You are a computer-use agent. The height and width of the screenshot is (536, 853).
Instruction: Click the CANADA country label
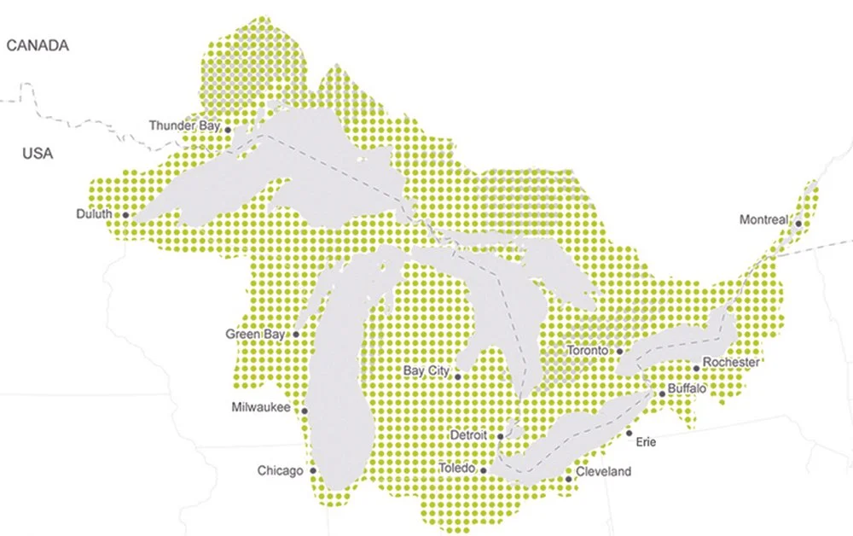tap(38, 46)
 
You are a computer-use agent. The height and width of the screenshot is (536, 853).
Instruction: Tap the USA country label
tap(38, 154)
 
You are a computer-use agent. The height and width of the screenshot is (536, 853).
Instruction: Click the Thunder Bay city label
tap(184, 125)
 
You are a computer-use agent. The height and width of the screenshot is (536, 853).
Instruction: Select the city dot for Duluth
tap(125, 215)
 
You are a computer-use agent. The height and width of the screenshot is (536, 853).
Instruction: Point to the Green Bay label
tap(254, 335)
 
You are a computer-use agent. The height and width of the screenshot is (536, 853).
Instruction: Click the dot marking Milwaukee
tap(305, 411)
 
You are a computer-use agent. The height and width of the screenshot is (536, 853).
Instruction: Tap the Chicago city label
tap(280, 471)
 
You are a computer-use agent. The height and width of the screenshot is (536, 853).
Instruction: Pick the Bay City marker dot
tap(458, 376)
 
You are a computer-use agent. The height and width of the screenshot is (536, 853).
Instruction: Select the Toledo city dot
tap(484, 470)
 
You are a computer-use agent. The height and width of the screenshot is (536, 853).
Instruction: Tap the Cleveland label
tap(603, 471)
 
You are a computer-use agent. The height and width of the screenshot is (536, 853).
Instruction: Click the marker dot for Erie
tap(630, 434)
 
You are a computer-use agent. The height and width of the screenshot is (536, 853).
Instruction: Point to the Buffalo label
tap(688, 388)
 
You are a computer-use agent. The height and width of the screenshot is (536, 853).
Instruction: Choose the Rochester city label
tap(730, 362)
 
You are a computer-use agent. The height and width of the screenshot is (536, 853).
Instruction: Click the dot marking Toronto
tap(620, 351)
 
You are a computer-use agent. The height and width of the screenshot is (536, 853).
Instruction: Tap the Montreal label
tap(763, 220)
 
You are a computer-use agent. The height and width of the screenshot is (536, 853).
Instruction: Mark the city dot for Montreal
tap(798, 224)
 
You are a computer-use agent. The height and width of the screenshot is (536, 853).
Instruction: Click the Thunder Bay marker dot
tap(228, 130)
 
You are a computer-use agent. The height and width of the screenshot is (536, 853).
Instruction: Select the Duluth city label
tap(94, 214)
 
